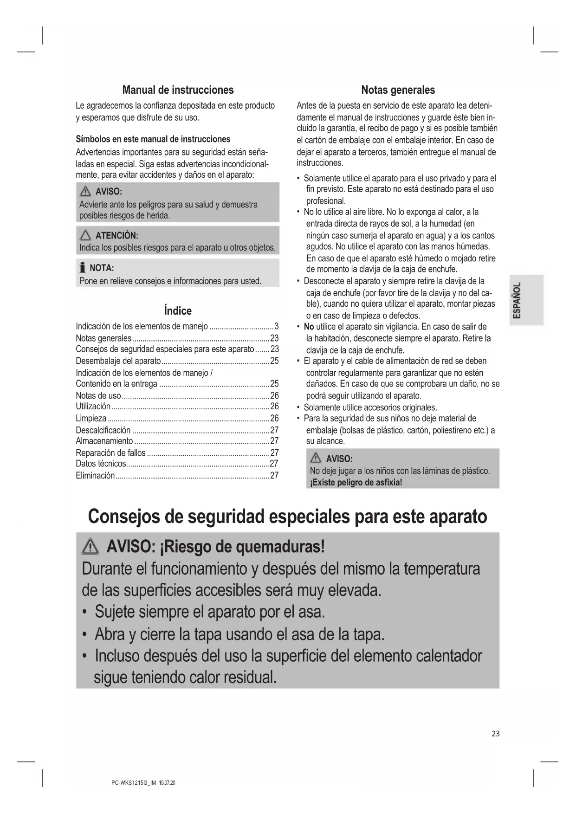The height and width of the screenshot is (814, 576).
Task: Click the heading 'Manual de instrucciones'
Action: (178, 90)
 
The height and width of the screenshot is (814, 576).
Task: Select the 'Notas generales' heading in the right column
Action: (398, 90)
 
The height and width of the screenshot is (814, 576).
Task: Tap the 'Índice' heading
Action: (178, 310)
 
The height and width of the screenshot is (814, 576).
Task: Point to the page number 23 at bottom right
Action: (496, 734)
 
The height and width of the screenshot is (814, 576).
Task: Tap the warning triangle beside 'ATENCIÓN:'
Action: (85, 235)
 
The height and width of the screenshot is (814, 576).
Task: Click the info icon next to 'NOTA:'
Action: (82, 268)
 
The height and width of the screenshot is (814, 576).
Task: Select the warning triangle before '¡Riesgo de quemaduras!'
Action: (91, 548)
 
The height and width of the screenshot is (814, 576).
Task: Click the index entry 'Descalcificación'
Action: (103, 430)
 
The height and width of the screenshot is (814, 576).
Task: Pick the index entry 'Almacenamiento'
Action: (104, 441)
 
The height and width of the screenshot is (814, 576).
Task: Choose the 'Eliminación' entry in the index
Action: (95, 475)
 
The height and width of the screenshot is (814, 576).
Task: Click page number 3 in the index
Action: (277, 326)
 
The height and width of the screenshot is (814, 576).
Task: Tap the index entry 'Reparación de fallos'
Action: (110, 452)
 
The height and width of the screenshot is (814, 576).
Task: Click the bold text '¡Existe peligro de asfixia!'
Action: (356, 482)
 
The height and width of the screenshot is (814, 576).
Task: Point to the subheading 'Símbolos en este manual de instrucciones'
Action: (153, 139)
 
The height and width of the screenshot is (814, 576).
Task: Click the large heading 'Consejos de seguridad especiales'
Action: (287, 516)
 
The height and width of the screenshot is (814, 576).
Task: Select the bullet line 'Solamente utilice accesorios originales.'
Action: (370, 407)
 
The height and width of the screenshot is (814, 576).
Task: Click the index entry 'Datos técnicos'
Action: (101, 464)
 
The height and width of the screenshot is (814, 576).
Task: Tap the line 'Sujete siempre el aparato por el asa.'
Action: (210, 612)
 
